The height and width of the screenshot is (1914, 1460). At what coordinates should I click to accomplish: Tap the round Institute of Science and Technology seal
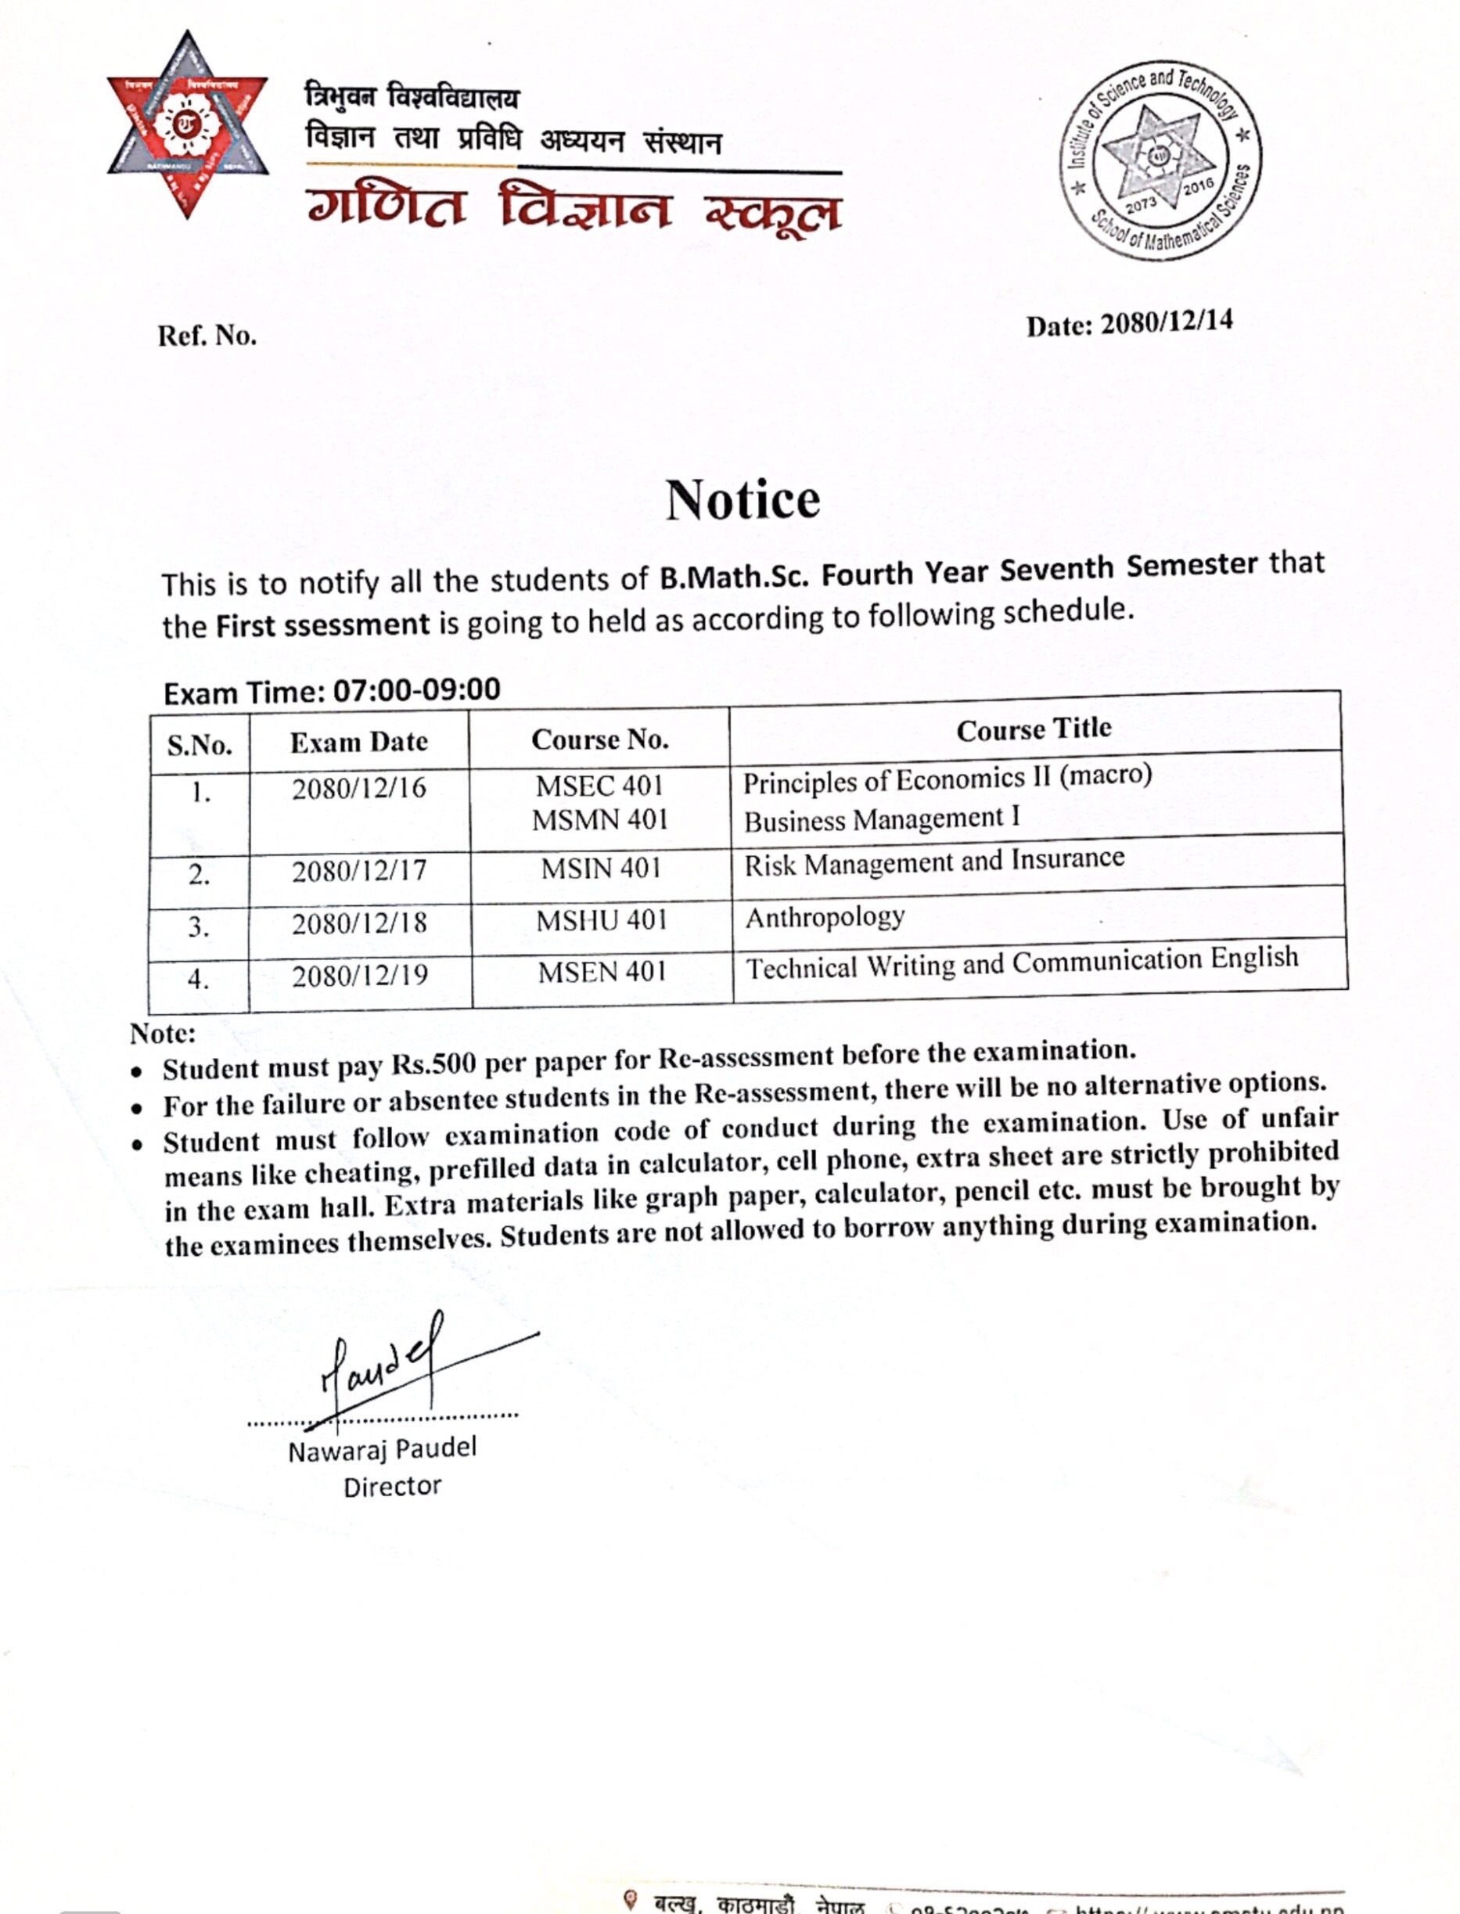click(x=1160, y=160)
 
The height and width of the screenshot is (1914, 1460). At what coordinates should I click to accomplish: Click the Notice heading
click(x=743, y=500)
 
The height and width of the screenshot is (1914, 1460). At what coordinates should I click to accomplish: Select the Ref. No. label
click(x=207, y=336)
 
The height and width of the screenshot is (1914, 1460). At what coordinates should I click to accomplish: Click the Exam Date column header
click(x=359, y=742)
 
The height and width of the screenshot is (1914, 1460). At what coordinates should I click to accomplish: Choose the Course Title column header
click(x=1034, y=729)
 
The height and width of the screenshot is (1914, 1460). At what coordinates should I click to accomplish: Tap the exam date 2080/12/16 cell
click(x=359, y=789)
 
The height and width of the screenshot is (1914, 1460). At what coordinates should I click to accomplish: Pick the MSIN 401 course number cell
click(x=602, y=869)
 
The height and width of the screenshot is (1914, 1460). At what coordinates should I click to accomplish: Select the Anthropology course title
click(x=825, y=917)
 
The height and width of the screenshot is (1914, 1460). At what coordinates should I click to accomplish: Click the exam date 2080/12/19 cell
click(x=360, y=975)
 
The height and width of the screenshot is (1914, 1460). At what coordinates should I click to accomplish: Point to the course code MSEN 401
click(x=602, y=972)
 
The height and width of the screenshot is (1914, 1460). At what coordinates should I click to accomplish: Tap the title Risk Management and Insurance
click(x=934, y=862)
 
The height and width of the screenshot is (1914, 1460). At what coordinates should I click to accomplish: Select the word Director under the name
click(x=392, y=1486)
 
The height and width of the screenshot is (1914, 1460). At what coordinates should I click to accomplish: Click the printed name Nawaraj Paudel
click(x=383, y=1449)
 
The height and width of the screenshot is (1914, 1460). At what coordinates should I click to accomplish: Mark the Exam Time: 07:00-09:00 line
click(x=332, y=691)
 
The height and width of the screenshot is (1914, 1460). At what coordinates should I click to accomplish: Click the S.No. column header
click(x=200, y=745)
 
